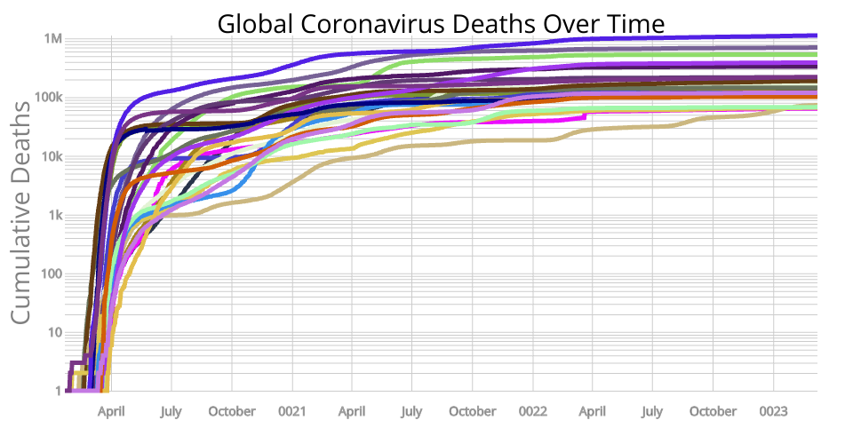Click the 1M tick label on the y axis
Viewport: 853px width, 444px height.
(x=52, y=39)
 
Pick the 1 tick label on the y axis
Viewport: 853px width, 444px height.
(x=58, y=391)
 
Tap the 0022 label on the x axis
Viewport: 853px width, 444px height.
(x=532, y=411)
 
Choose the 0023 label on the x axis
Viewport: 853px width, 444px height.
(x=773, y=411)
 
